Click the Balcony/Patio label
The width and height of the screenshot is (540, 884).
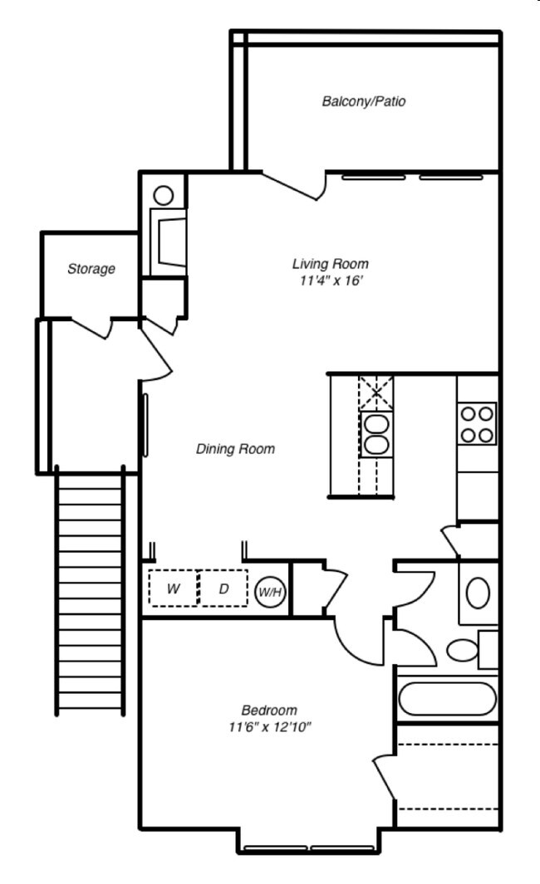[363, 102]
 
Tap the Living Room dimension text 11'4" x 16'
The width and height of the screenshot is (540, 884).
[330, 281]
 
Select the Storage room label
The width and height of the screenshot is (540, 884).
[91, 269]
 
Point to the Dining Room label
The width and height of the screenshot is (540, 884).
[235, 449]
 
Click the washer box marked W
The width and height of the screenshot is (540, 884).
[174, 589]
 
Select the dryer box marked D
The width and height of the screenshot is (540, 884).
[223, 589]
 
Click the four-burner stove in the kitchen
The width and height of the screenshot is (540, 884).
[478, 423]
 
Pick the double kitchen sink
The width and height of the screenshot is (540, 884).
[376, 433]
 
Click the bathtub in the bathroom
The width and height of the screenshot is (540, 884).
[448, 698]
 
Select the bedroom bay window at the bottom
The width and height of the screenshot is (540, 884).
[309, 848]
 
